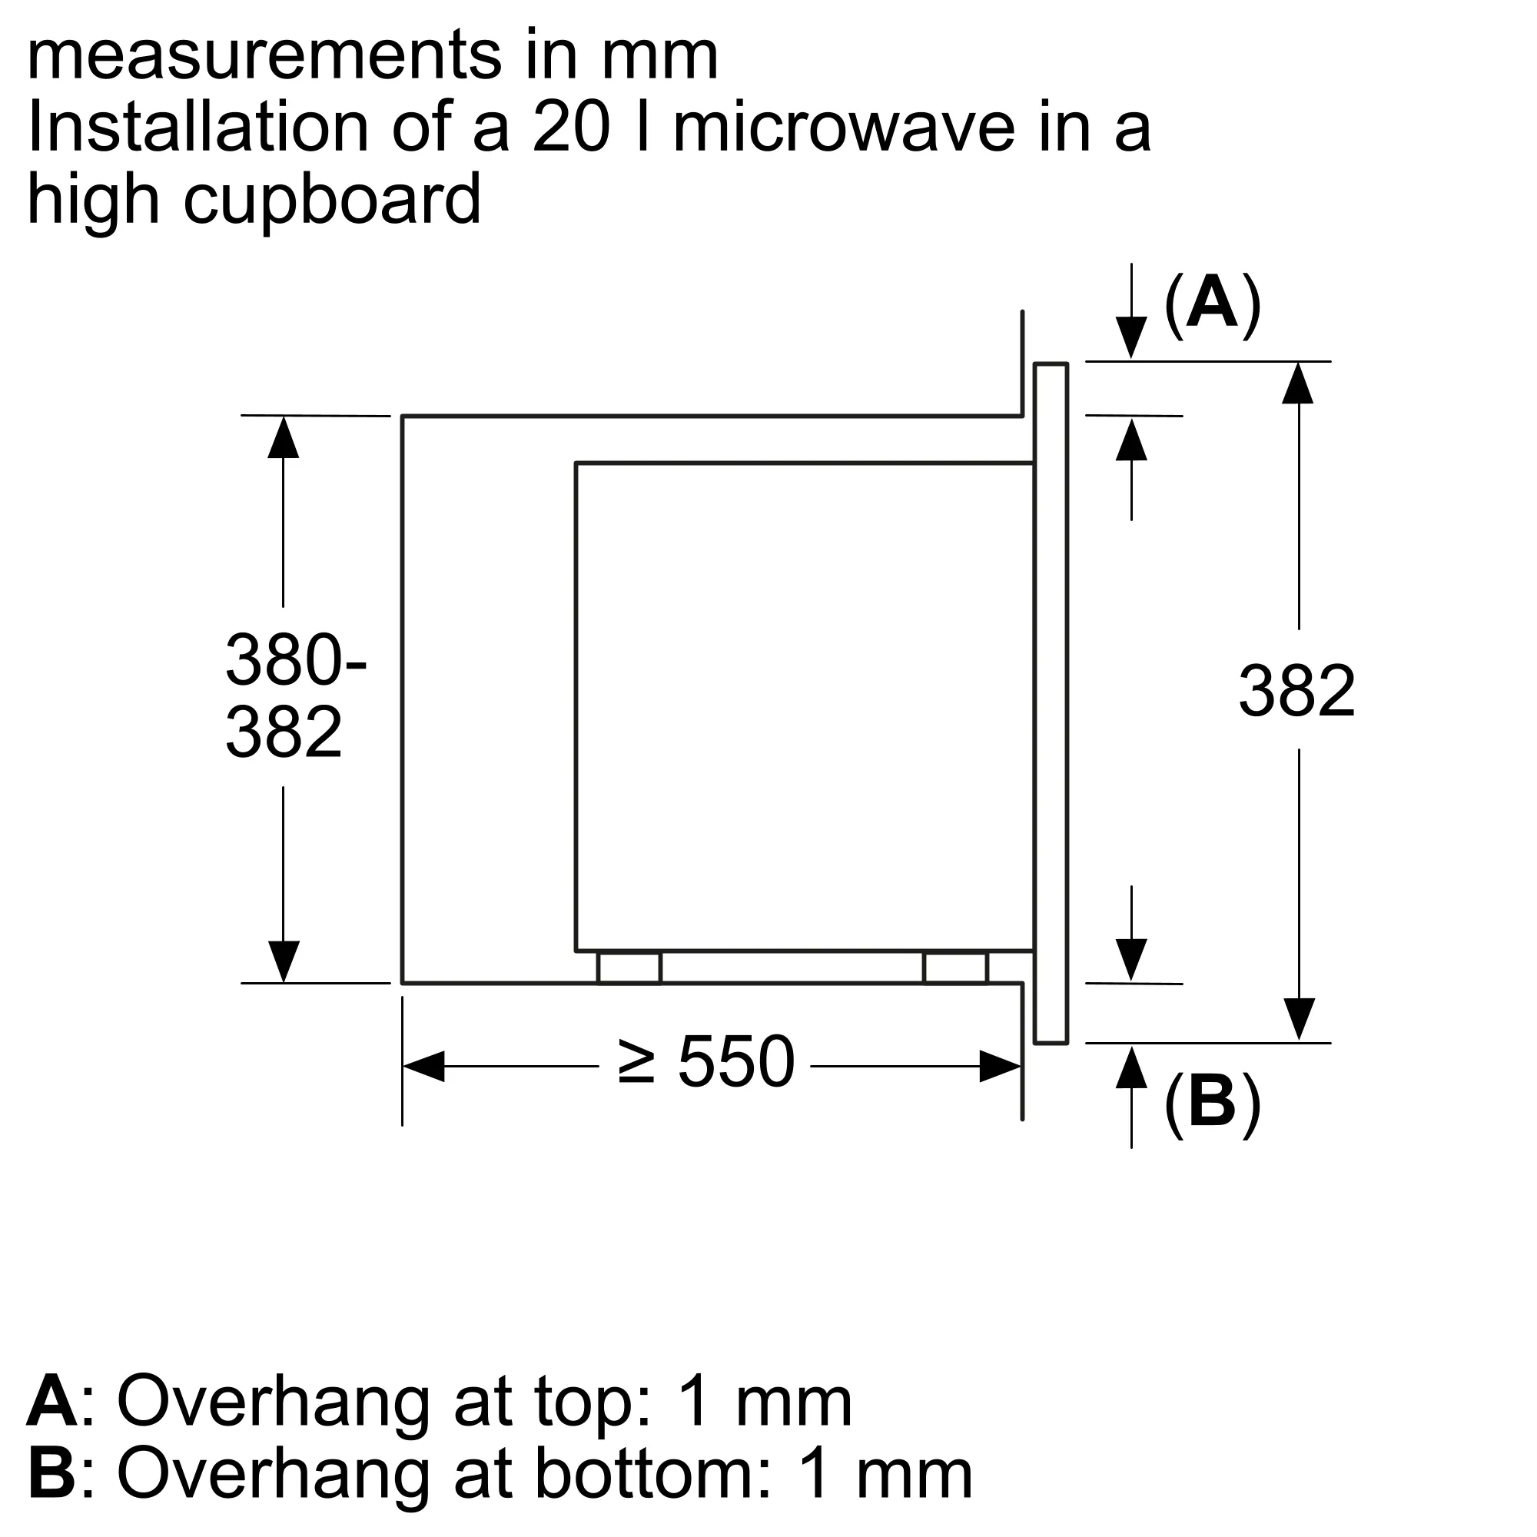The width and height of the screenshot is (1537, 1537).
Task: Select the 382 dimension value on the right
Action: [x=1296, y=692]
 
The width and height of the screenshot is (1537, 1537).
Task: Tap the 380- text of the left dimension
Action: [x=295, y=659]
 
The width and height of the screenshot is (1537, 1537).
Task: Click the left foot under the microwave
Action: [x=629, y=968]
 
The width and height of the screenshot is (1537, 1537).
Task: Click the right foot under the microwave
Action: [x=954, y=968]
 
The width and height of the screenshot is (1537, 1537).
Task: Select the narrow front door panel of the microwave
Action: [x=1050, y=703]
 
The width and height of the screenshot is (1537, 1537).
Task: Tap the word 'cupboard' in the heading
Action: [x=333, y=199]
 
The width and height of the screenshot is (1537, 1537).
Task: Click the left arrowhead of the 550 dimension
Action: [x=424, y=1066]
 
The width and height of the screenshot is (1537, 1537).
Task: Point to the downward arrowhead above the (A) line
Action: [x=1131, y=337]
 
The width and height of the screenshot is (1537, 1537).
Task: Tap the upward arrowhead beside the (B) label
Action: [x=1131, y=1067]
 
